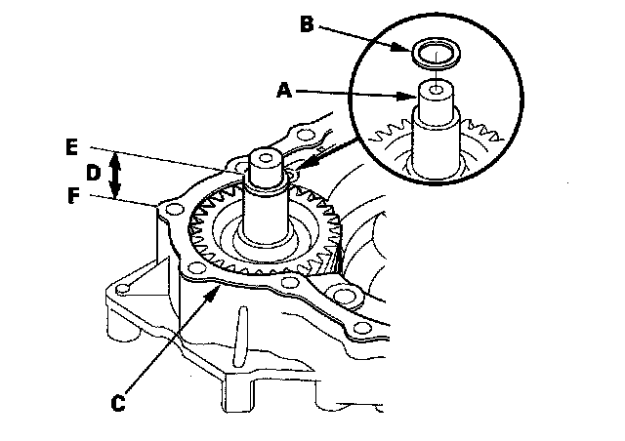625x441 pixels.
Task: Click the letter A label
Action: click(284, 90)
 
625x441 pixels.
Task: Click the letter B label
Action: click(307, 23)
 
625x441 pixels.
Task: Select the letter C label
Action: click(117, 403)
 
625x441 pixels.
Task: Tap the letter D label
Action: click(93, 174)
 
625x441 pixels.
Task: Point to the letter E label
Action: click(71, 147)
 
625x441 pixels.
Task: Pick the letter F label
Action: click(73, 196)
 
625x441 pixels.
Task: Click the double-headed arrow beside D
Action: click(115, 175)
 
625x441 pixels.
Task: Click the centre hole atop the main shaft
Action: click(266, 158)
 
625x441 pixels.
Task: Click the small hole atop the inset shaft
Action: click(437, 90)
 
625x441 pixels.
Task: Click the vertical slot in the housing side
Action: click(240, 337)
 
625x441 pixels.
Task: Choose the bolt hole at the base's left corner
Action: click(124, 289)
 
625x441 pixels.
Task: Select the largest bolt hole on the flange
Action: click(343, 296)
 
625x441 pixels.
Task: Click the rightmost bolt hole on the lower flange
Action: click(362, 328)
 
